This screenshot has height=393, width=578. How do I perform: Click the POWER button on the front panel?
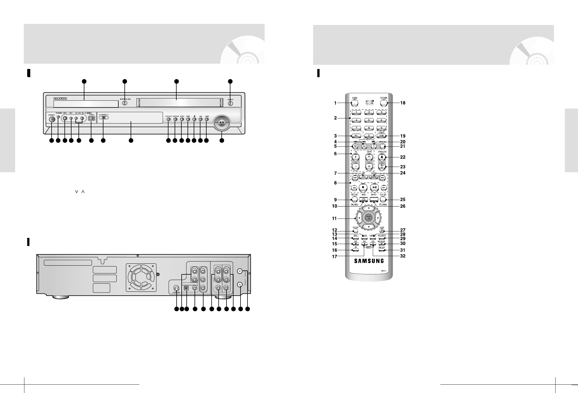tap(52, 119)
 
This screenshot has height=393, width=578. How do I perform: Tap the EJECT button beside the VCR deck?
tap(230, 103)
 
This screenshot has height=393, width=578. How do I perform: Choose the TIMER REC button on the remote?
tap(382, 167)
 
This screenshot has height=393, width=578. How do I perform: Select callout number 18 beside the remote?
tap(403, 103)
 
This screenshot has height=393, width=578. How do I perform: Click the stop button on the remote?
tap(363, 187)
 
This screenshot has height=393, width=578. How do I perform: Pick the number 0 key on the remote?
tap(369, 135)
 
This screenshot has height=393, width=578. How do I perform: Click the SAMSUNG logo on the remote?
tap(369, 261)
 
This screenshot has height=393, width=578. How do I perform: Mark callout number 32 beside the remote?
tap(403, 256)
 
